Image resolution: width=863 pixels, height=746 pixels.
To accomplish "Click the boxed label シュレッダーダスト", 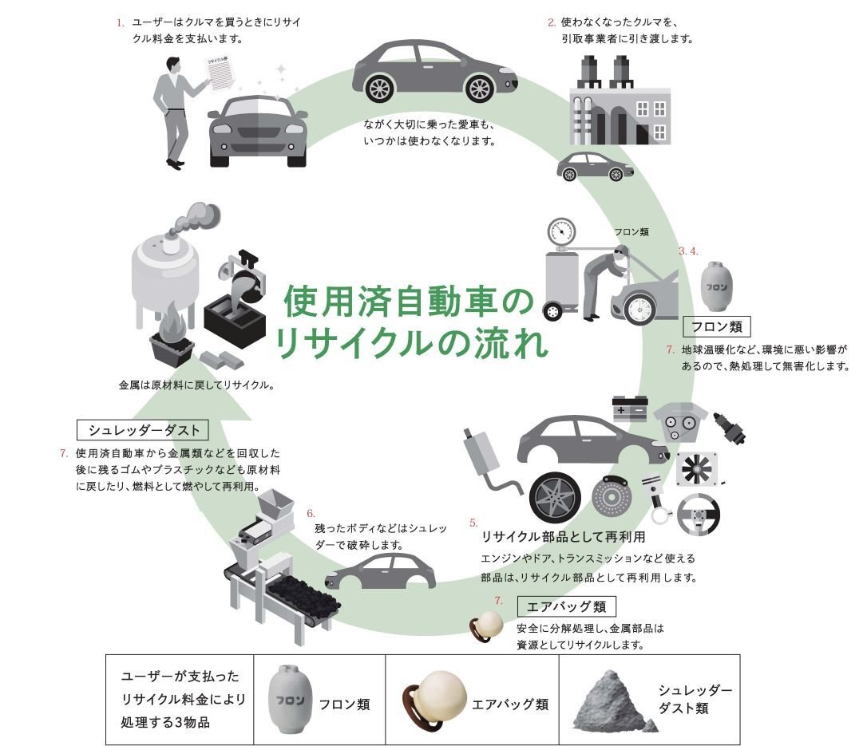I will pyautogui.click(x=144, y=430).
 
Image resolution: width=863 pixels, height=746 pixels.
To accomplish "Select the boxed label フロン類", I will pyautogui.click(x=717, y=326).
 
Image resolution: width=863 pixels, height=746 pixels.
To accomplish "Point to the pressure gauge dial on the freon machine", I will pyautogui.click(x=560, y=231).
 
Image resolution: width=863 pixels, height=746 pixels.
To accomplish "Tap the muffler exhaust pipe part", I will pyautogui.click(x=484, y=455).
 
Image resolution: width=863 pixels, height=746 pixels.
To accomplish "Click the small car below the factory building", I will pyautogui.click(x=594, y=166).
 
